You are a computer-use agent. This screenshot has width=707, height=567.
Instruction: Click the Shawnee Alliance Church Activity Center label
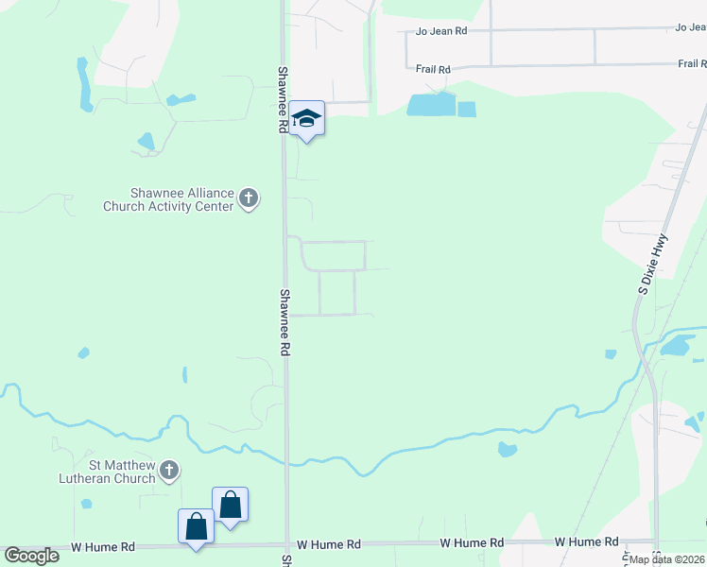pyautogui.click(x=168, y=199)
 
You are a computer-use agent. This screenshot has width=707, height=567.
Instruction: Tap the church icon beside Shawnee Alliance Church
pyautogui.click(x=249, y=198)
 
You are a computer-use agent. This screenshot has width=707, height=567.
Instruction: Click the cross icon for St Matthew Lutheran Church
pyautogui.click(x=169, y=470)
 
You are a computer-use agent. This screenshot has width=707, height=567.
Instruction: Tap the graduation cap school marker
pyautogui.click(x=306, y=119)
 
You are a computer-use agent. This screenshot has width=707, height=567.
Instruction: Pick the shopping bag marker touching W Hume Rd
pyautogui.click(x=196, y=526)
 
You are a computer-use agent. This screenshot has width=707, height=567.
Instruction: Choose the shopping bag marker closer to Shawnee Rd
pyautogui.click(x=231, y=505)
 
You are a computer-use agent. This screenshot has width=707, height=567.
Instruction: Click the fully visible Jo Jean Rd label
pyautogui.click(x=441, y=31)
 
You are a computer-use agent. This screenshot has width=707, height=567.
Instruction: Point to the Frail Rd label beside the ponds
pyautogui.click(x=433, y=69)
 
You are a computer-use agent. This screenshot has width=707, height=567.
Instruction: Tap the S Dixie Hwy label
pyautogui.click(x=651, y=266)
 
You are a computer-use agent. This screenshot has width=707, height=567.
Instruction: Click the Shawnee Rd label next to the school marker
pyautogui.click(x=282, y=98)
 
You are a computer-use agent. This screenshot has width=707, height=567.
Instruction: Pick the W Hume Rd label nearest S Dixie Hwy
pyautogui.click(x=586, y=542)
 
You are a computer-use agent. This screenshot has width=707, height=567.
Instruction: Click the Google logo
pyautogui.click(x=32, y=555)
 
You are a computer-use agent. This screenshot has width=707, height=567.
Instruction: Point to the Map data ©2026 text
pyautogui.click(x=666, y=558)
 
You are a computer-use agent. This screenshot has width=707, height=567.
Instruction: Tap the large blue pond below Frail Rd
pyautogui.click(x=430, y=105)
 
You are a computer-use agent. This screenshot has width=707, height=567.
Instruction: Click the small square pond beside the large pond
pyautogui.click(x=467, y=109)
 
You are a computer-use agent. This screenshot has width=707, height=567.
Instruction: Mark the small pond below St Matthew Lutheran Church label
pyautogui.click(x=87, y=504)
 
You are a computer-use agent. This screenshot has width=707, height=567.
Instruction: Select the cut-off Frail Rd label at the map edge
pyautogui.click(x=692, y=64)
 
